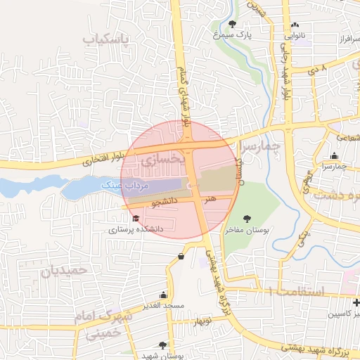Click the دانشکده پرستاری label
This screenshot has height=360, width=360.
pos(135,229)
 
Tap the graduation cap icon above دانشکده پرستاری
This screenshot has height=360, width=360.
pos(135,219)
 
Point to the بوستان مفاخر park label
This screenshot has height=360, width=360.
pos(247,229)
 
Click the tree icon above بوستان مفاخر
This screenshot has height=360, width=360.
pos(247,219)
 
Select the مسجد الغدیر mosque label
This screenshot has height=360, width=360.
pos(162,305)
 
